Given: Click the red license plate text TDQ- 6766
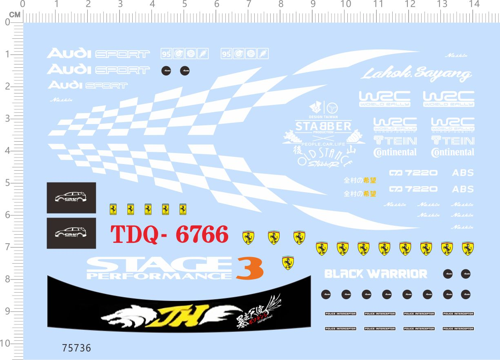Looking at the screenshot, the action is click(169, 235).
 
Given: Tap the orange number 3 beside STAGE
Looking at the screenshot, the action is click(249, 268).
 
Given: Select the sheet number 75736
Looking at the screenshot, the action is click(76, 348).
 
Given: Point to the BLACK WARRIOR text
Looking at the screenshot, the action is click(376, 274).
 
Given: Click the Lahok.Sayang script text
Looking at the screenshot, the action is click(416, 74).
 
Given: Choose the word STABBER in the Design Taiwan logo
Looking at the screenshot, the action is click(323, 126).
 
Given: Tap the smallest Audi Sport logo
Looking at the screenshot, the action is click(88, 85).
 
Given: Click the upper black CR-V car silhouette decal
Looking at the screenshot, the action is click(71, 198).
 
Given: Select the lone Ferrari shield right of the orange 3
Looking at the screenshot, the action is click(288, 263).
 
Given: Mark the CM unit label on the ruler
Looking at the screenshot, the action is click(15, 15).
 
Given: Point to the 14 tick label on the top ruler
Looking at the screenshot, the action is click(474, 4).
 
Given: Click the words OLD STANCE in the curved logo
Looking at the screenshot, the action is click(324, 157).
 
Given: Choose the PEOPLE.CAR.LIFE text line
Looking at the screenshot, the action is click(323, 144).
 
